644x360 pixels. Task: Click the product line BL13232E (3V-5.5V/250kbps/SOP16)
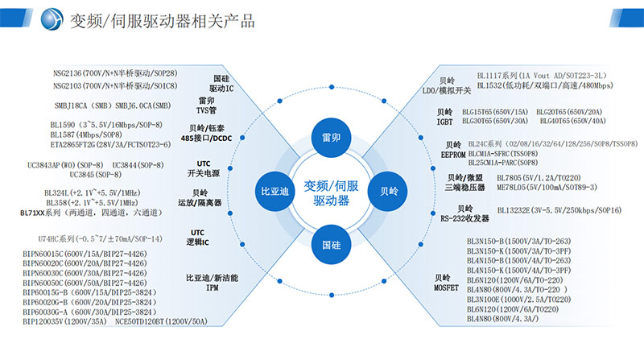(547, 210)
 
